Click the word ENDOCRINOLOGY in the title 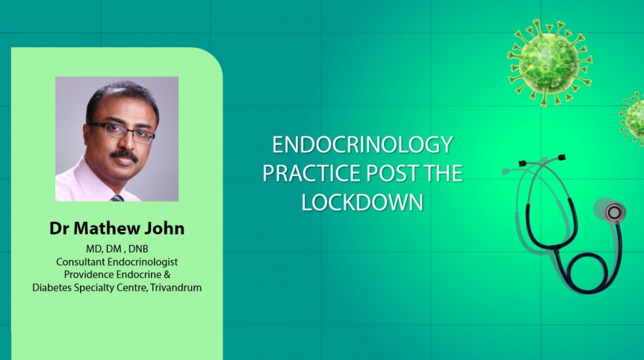(x=362, y=145)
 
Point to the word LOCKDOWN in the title (x=362, y=202)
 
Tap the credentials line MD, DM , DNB (x=117, y=249)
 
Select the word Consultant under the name (x=83, y=261)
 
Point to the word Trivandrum (x=176, y=288)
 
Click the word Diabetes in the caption (x=52, y=288)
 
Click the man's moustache (x=124, y=155)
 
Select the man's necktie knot (x=117, y=198)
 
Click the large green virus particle (x=549, y=59)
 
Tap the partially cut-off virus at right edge (x=634, y=118)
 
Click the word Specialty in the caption (x=100, y=288)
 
